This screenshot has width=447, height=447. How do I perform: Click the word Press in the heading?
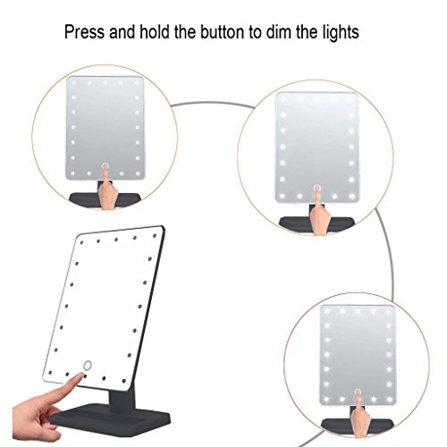(x=84, y=32)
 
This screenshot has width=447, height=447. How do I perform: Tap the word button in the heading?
(x=222, y=32)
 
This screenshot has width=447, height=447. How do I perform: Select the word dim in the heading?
(x=278, y=32)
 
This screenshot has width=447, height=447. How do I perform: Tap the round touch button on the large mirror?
(x=87, y=366)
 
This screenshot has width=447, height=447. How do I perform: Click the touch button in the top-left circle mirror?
(x=105, y=166)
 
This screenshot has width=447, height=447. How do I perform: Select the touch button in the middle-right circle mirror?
(x=317, y=188)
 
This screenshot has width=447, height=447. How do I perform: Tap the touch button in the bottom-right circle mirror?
(x=358, y=392)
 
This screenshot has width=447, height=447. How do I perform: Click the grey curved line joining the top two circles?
(x=212, y=103)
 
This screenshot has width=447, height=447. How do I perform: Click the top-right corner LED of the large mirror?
(x=155, y=236)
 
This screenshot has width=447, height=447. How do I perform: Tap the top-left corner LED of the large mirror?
(x=82, y=242)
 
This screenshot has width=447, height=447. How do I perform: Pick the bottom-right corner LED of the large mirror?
(x=124, y=381)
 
